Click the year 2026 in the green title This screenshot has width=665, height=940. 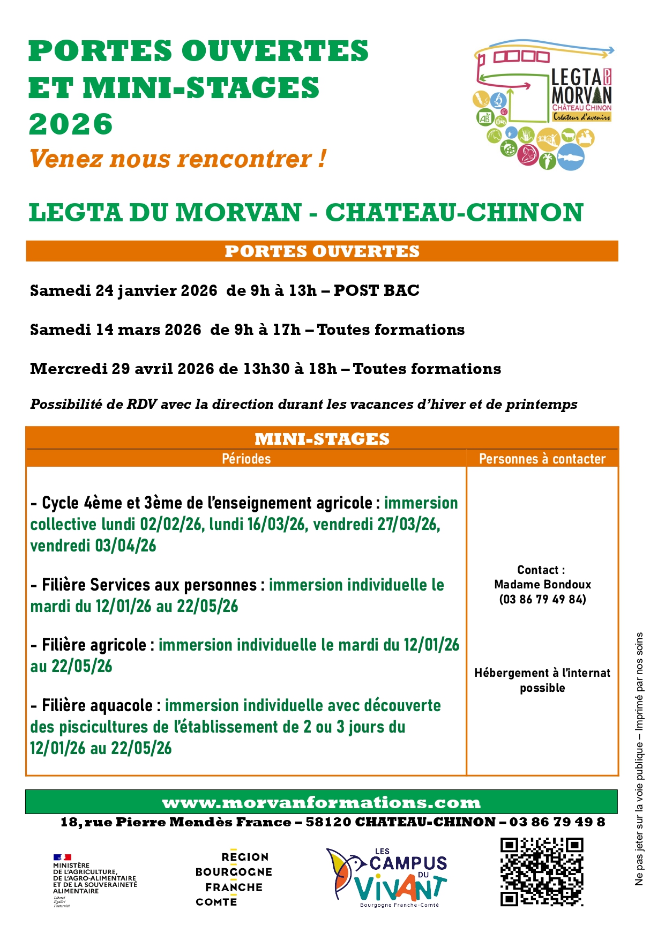[71, 124]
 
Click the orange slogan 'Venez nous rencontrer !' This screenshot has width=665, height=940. [177, 159]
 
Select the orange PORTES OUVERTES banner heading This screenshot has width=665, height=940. [322, 251]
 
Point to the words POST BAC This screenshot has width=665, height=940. [376, 290]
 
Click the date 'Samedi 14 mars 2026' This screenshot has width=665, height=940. [116, 330]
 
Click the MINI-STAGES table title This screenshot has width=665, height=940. [322, 439]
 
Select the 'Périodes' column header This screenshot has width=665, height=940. [246, 459]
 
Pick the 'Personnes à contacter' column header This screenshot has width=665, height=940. [542, 459]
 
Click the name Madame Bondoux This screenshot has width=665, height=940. [542, 585]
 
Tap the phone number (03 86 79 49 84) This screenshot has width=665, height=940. [542, 599]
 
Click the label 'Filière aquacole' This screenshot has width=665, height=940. [97, 706]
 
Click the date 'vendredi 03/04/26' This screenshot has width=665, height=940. [93, 546]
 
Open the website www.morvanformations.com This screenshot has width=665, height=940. [322, 803]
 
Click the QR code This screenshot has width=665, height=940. [542, 872]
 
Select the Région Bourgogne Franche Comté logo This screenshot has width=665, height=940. [234, 879]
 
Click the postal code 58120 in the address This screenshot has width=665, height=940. [328, 822]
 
